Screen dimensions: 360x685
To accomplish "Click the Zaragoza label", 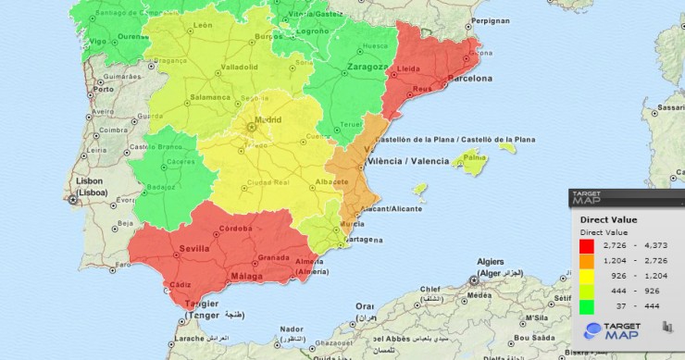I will (367, 67).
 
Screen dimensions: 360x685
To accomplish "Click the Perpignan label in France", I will (491, 19).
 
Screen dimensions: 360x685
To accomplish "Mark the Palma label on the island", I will (474, 157).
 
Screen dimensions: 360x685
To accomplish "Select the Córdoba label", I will (236, 228).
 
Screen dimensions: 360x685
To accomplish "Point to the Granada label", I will (275, 257).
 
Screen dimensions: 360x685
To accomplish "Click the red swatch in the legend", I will (586, 245).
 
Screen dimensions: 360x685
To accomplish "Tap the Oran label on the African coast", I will (367, 306).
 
